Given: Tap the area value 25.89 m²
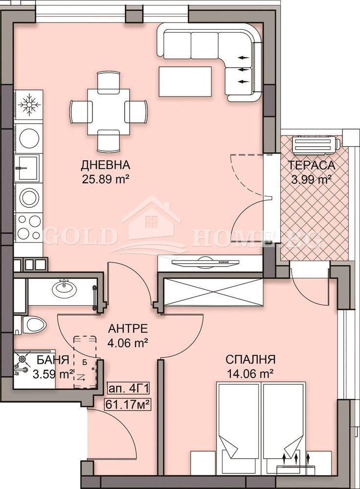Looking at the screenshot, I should (106, 179).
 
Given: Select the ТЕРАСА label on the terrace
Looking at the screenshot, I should (311, 165).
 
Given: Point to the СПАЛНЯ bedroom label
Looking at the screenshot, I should (250, 360).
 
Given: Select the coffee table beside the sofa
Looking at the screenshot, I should (185, 81).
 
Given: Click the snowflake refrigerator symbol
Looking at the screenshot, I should (28, 105).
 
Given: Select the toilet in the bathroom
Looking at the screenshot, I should (32, 324).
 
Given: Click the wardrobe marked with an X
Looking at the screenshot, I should (212, 292).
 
